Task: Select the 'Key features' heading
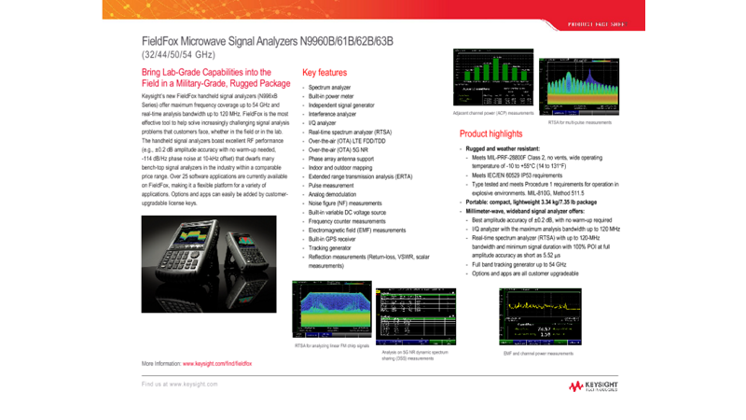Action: click(325, 72)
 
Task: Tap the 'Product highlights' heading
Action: click(490, 133)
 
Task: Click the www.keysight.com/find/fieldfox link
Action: click(217, 362)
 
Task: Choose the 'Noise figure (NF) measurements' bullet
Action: click(345, 203)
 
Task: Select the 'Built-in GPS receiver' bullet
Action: click(335, 238)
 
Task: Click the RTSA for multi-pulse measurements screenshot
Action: click(578, 88)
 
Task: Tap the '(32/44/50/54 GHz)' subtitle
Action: click(178, 54)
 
